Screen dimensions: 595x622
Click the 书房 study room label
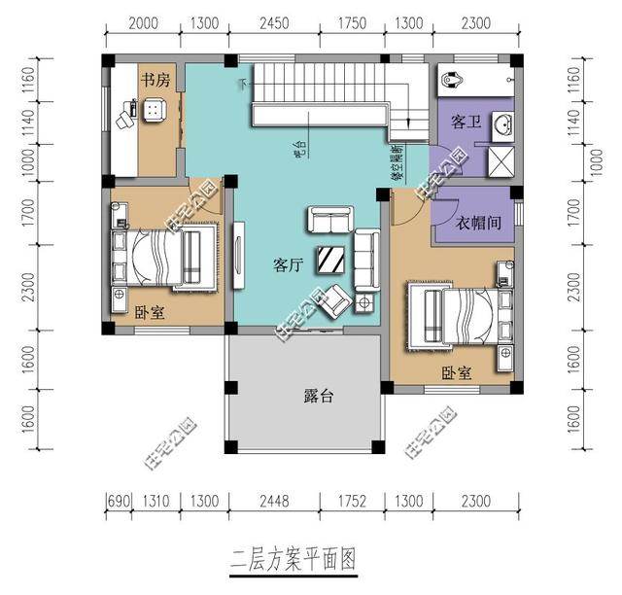coord(155,82)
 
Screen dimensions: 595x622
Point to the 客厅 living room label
coord(288,263)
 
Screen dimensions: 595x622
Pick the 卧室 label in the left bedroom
coord(150,313)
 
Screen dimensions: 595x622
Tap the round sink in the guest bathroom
coord(501,123)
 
